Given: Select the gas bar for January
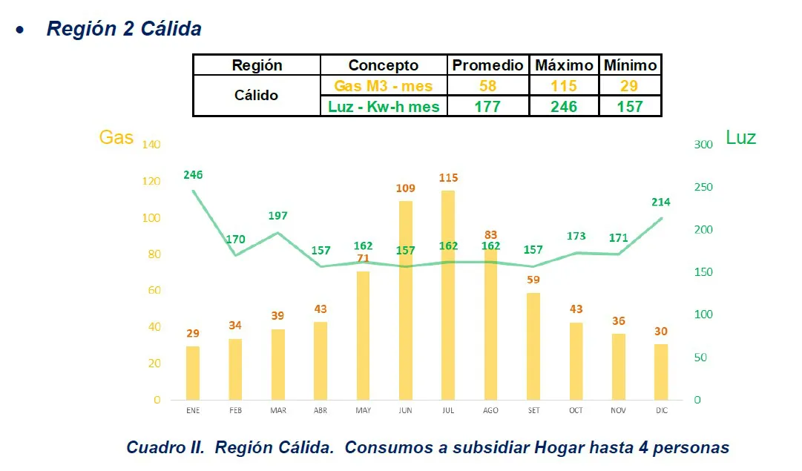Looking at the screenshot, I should pos(193,372).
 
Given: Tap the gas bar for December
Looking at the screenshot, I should pos(661,372).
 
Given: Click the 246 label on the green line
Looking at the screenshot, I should pos(193,175).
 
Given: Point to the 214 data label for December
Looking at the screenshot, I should pos(661,202).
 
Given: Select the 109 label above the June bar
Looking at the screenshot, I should pos(405,188).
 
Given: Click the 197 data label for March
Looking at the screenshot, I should pos(278,216).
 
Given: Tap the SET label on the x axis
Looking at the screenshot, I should pos(533,410).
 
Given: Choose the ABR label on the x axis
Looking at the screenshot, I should pos(321,410).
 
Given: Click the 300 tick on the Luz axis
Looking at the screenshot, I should pos(703,144).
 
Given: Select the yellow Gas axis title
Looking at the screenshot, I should pos(116,137).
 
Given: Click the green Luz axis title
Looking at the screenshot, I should pos(740,137).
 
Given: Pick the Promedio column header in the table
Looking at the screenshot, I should pos(487,65).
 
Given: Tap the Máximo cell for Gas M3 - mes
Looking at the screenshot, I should pos(564,86).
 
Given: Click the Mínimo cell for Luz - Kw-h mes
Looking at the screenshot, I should pos(630,107).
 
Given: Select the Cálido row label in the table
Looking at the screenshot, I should pos(256,96).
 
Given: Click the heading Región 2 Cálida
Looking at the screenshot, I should pos(124,29).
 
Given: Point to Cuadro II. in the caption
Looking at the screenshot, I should pos(165,448).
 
